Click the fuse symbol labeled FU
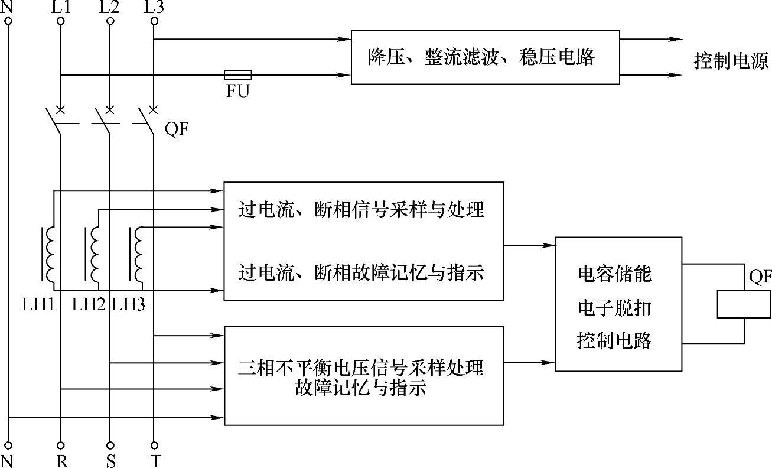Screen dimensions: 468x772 click(x=238, y=75)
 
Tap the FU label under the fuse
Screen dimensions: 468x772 click(x=238, y=92)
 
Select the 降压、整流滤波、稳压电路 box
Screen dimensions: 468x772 click(x=486, y=57)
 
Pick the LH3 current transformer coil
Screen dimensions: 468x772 click(x=139, y=255)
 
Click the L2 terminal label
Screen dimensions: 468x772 click(x=109, y=8)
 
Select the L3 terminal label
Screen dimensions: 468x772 click(x=155, y=8)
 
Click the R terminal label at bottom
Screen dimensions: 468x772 click(x=61, y=461)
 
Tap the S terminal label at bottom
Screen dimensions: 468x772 click(x=110, y=461)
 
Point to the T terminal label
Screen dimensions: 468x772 click(x=155, y=461)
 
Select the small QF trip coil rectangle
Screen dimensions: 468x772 click(x=744, y=304)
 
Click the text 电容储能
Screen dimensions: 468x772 click(x=614, y=275)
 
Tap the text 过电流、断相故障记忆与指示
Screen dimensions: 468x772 click(x=361, y=273)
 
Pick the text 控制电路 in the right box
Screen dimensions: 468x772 click(x=614, y=341)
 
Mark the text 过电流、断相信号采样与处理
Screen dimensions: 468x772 click(x=361, y=210)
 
